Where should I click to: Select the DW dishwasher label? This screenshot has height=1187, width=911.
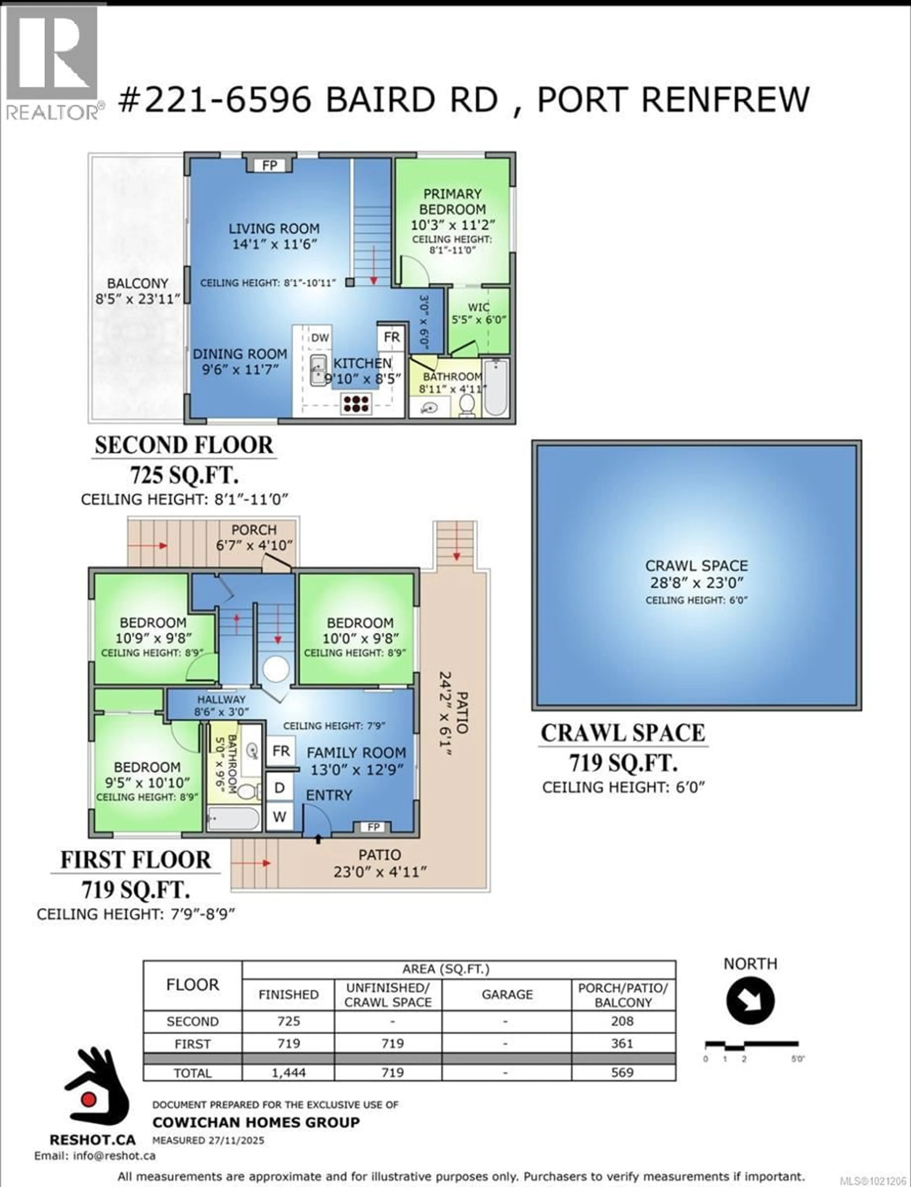320,337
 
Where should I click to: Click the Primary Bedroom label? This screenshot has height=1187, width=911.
452,201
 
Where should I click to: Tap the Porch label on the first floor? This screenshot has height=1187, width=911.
254,530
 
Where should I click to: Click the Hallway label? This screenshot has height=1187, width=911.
221,699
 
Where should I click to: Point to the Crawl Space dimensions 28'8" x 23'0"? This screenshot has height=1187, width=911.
696,582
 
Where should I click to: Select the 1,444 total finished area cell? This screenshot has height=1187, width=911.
288,1073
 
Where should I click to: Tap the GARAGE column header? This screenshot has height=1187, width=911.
507,995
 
